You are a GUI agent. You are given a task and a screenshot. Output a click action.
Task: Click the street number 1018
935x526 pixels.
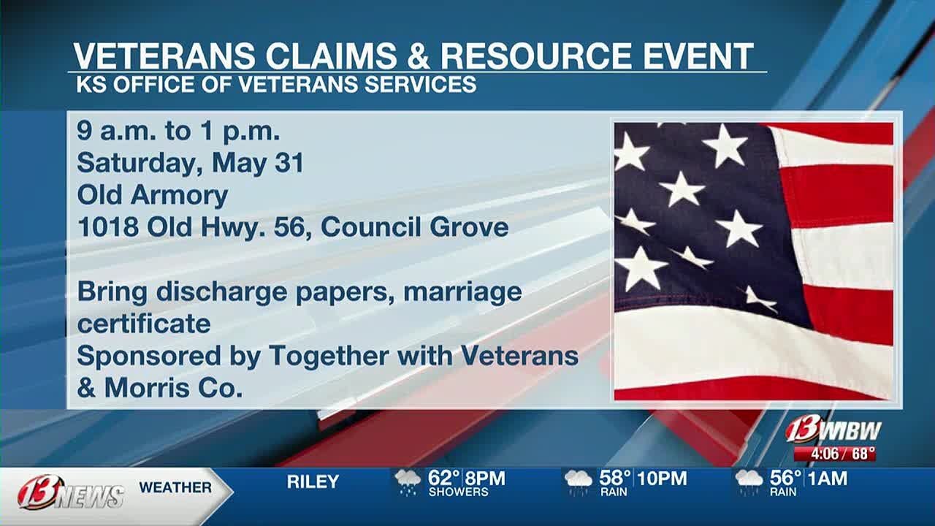(x=108, y=226)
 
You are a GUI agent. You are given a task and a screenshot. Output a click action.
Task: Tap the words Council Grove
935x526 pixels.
(x=414, y=226)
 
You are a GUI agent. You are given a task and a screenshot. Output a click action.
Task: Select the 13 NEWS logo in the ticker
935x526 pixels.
(x=72, y=492)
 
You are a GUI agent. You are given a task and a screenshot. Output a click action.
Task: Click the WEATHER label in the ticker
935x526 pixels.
(x=175, y=487)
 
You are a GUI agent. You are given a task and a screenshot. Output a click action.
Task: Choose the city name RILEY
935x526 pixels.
(x=313, y=482)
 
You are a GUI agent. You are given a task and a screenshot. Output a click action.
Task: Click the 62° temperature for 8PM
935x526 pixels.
(x=444, y=479)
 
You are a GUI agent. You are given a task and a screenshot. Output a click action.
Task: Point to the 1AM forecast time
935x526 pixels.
(x=828, y=479)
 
